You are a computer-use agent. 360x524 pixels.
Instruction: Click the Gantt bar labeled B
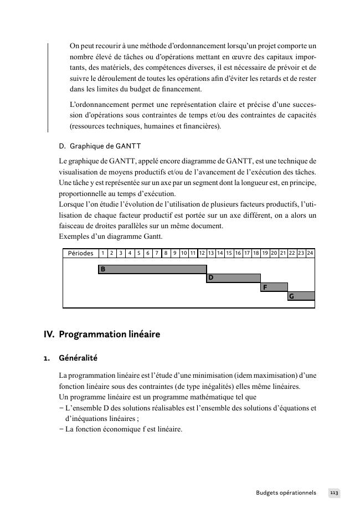click(152, 269)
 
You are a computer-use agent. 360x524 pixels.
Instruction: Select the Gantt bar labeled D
click(233, 278)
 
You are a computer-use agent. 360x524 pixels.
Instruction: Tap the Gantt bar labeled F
click(274, 287)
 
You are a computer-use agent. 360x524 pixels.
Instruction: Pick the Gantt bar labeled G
click(301, 296)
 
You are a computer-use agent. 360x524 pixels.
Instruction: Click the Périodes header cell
click(81, 253)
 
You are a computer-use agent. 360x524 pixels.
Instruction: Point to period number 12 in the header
click(202, 253)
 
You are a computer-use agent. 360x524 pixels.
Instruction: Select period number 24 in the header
click(310, 253)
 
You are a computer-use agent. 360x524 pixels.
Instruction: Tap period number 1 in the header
click(103, 253)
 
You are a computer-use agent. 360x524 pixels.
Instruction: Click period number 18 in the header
click(256, 253)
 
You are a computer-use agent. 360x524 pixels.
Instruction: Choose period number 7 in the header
click(157, 253)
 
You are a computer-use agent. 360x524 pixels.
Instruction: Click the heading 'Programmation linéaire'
click(109, 335)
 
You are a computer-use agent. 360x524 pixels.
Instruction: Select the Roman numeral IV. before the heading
click(49, 335)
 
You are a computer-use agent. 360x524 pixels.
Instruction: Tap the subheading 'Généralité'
click(78, 358)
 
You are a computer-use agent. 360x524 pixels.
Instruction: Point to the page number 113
click(334, 492)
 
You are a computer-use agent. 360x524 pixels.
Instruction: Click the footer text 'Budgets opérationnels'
click(286, 492)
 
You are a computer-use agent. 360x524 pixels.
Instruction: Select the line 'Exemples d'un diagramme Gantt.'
click(111, 237)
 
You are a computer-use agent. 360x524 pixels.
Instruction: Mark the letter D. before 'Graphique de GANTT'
click(62, 146)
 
